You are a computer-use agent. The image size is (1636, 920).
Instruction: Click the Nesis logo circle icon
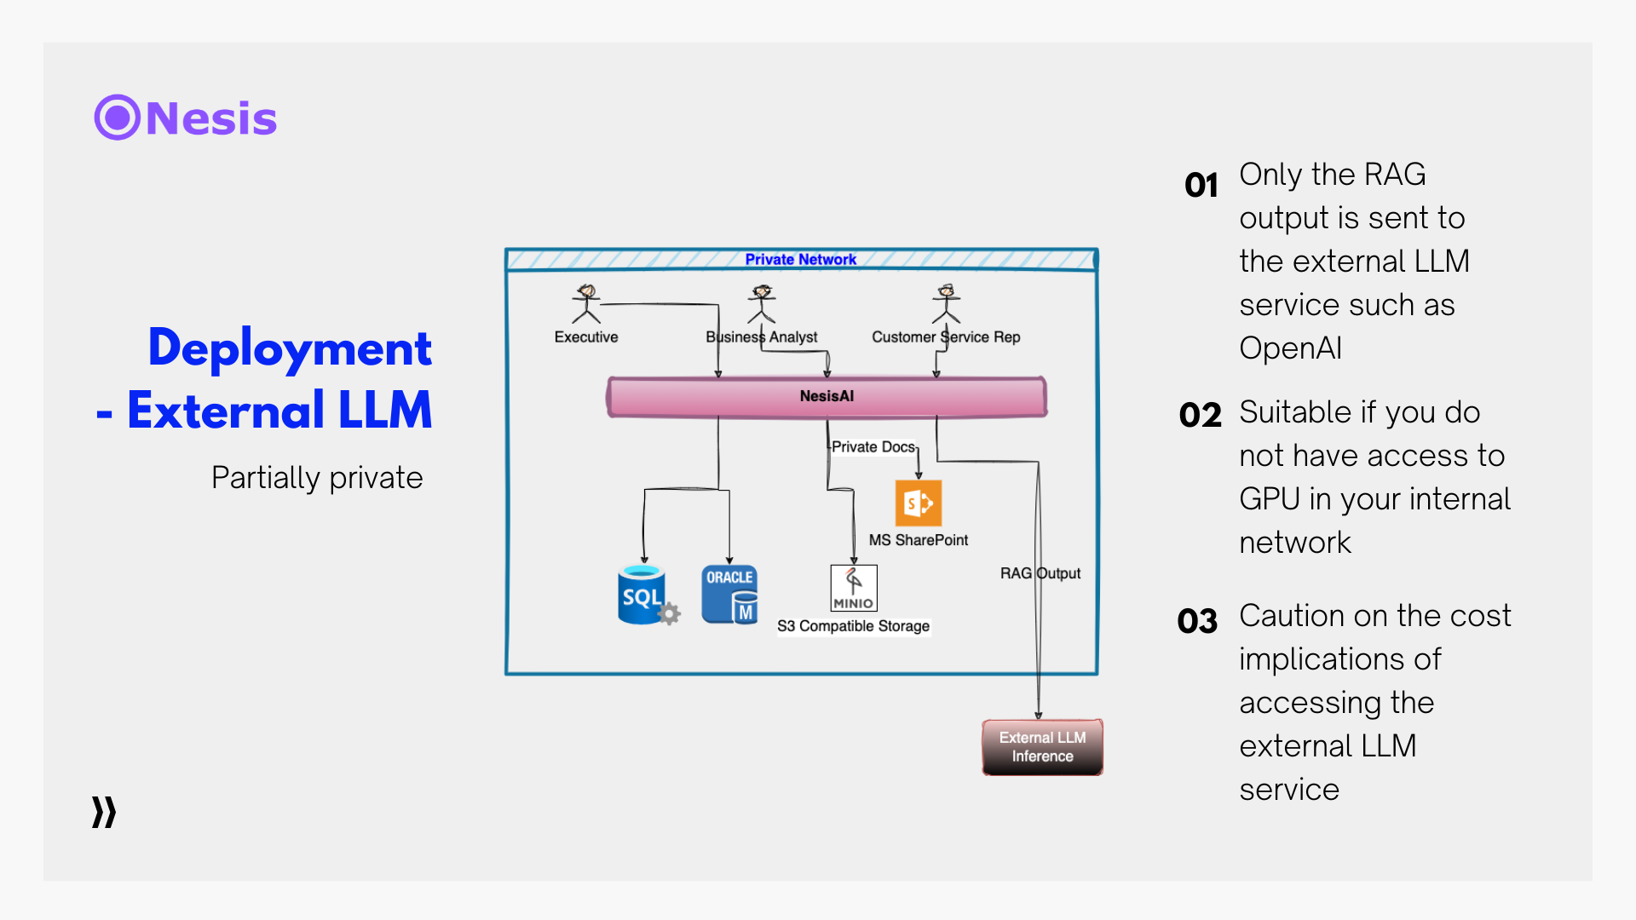pyautogui.click(x=117, y=118)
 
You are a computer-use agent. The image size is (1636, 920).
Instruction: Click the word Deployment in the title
pyautogui.click(x=290, y=348)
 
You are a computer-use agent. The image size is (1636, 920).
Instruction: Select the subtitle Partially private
pyautogui.click(x=317, y=478)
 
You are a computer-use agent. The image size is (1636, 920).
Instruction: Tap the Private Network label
pyautogui.click(x=800, y=260)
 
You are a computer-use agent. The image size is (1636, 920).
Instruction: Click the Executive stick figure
pyautogui.click(x=586, y=304)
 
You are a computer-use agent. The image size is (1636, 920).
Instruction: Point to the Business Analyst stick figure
pyautogui.click(x=762, y=304)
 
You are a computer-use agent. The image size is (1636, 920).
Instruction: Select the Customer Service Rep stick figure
pyautogui.click(x=946, y=304)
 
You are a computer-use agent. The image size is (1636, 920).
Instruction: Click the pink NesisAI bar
pyautogui.click(x=827, y=397)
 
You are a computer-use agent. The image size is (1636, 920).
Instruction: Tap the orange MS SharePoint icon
pyautogui.click(x=918, y=503)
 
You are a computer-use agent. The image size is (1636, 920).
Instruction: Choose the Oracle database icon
pyautogui.click(x=729, y=595)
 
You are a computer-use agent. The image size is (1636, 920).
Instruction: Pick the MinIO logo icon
pyautogui.click(x=854, y=588)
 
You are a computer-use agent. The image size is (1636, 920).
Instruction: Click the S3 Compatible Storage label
pyautogui.click(x=853, y=626)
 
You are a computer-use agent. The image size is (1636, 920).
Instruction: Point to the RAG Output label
pyautogui.click(x=1040, y=573)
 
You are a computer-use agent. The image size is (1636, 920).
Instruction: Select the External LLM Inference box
pyautogui.click(x=1042, y=747)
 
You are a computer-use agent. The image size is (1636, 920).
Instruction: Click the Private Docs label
pyautogui.click(x=873, y=446)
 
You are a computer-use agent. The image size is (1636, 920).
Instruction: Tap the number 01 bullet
pyautogui.click(x=1201, y=185)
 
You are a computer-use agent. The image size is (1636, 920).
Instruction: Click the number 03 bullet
pyautogui.click(x=1197, y=621)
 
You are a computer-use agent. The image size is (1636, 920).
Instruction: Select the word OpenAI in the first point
pyautogui.click(x=1290, y=348)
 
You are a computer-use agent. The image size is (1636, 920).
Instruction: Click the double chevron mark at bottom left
pyautogui.click(x=104, y=813)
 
